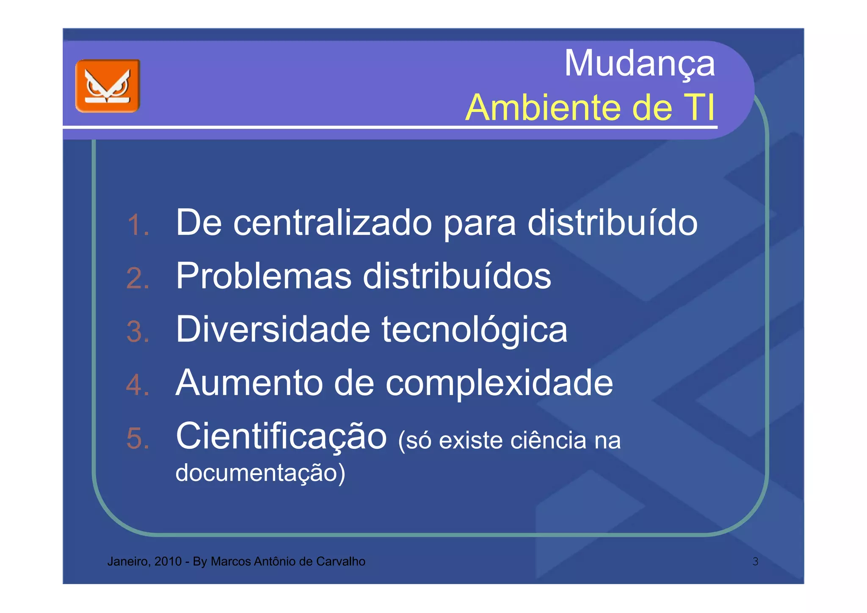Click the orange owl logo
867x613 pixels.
(x=108, y=86)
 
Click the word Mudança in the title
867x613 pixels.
(x=639, y=64)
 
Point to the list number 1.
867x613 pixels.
(x=138, y=224)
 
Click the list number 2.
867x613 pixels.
(x=138, y=278)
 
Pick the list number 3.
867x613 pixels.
(x=138, y=331)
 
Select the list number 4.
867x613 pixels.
(x=138, y=385)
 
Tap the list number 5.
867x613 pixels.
(x=138, y=438)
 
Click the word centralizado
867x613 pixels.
(x=332, y=223)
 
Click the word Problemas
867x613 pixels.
(x=263, y=276)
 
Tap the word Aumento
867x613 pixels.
(x=249, y=383)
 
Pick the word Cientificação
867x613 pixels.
(x=281, y=436)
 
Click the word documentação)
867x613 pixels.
(x=260, y=472)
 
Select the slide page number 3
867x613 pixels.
(x=755, y=561)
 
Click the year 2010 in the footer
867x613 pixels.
(x=168, y=561)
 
